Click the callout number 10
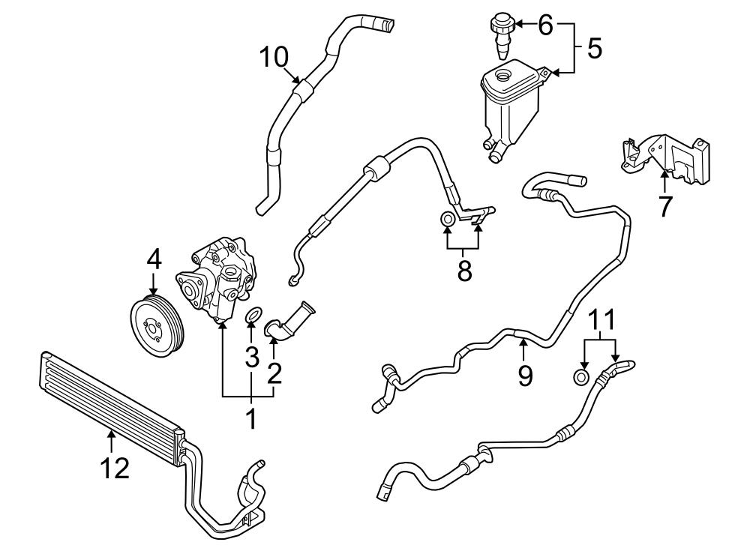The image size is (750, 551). [274, 56]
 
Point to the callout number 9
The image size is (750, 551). [524, 374]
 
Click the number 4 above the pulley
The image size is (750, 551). [153, 259]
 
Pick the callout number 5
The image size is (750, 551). [594, 49]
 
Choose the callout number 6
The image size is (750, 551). [544, 25]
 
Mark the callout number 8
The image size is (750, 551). [464, 270]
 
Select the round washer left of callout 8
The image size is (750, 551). [446, 219]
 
